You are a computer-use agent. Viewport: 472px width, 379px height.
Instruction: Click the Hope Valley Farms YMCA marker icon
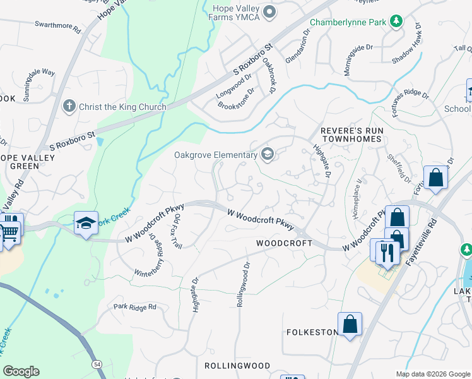pyautogui.click(x=271, y=11)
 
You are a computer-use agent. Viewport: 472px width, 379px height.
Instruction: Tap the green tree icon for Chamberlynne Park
pyautogui.click(x=396, y=22)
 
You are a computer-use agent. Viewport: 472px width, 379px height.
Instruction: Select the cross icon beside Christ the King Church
pyautogui.click(x=70, y=107)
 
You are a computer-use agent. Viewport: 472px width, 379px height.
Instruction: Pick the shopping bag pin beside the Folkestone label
pyautogui.click(x=350, y=325)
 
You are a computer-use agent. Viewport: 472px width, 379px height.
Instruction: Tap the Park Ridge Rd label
pyautogui.click(x=134, y=307)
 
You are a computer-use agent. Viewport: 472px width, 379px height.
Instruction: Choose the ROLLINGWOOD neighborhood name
pyautogui.click(x=237, y=366)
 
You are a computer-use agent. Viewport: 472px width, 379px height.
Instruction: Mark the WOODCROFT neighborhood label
pyautogui.click(x=284, y=243)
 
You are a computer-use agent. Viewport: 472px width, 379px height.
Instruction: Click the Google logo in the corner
pyautogui.click(x=21, y=371)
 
